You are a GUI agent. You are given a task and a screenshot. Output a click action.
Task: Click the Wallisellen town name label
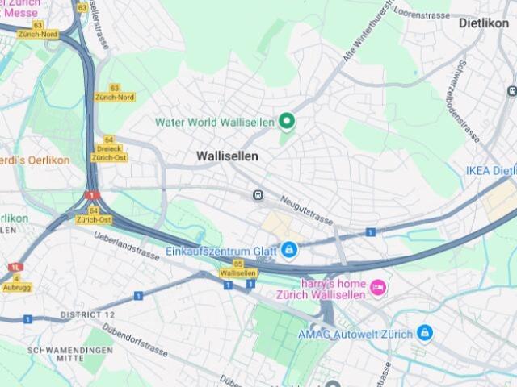(x=227, y=156)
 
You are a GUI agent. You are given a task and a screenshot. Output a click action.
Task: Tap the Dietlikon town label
(x=484, y=23)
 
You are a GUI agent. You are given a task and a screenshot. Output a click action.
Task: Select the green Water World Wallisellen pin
(x=286, y=122)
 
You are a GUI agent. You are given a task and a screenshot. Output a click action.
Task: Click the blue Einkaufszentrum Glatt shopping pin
(x=288, y=251)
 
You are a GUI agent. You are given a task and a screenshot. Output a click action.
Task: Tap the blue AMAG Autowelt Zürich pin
(x=424, y=333)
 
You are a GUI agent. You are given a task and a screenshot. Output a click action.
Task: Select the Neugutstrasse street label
(x=307, y=209)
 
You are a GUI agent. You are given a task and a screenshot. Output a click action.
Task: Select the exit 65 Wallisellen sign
(x=238, y=269)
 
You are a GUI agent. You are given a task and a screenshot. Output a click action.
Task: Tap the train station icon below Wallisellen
(x=258, y=194)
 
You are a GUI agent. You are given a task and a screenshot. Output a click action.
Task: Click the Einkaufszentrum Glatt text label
(x=221, y=251)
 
